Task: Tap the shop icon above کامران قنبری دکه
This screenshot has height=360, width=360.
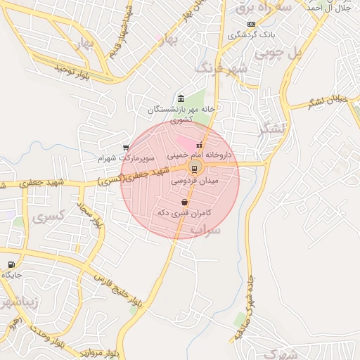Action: pos(184,202)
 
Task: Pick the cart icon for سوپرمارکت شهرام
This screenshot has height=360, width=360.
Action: pos(125,148)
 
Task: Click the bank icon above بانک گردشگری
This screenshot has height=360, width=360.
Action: pos(251,25)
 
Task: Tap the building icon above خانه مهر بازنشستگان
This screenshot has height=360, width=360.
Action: pos(181,98)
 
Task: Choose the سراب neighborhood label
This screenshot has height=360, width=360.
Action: pos(206,230)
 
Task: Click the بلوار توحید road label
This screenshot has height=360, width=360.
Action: pos(75,70)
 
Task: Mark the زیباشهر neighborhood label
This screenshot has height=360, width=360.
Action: pos(21,304)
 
